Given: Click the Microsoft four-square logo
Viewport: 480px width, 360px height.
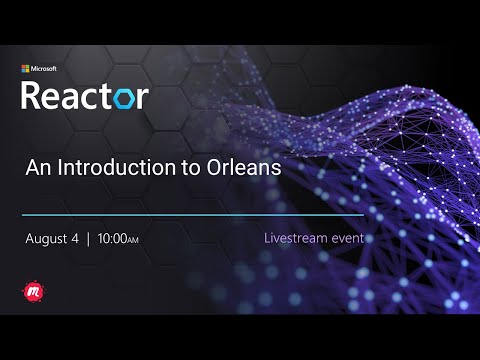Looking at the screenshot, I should (26, 69).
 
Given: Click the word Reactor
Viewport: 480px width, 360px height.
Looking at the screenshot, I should (85, 96).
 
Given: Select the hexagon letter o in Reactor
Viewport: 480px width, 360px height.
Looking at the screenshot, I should (128, 98).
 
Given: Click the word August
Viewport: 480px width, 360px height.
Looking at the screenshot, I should (49, 240).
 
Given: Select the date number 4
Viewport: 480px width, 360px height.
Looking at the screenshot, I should (78, 240).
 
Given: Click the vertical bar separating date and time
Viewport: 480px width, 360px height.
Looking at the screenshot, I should (89, 240).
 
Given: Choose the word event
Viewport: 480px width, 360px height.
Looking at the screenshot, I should (349, 240).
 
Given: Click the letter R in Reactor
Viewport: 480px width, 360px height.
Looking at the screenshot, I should (31, 96).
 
